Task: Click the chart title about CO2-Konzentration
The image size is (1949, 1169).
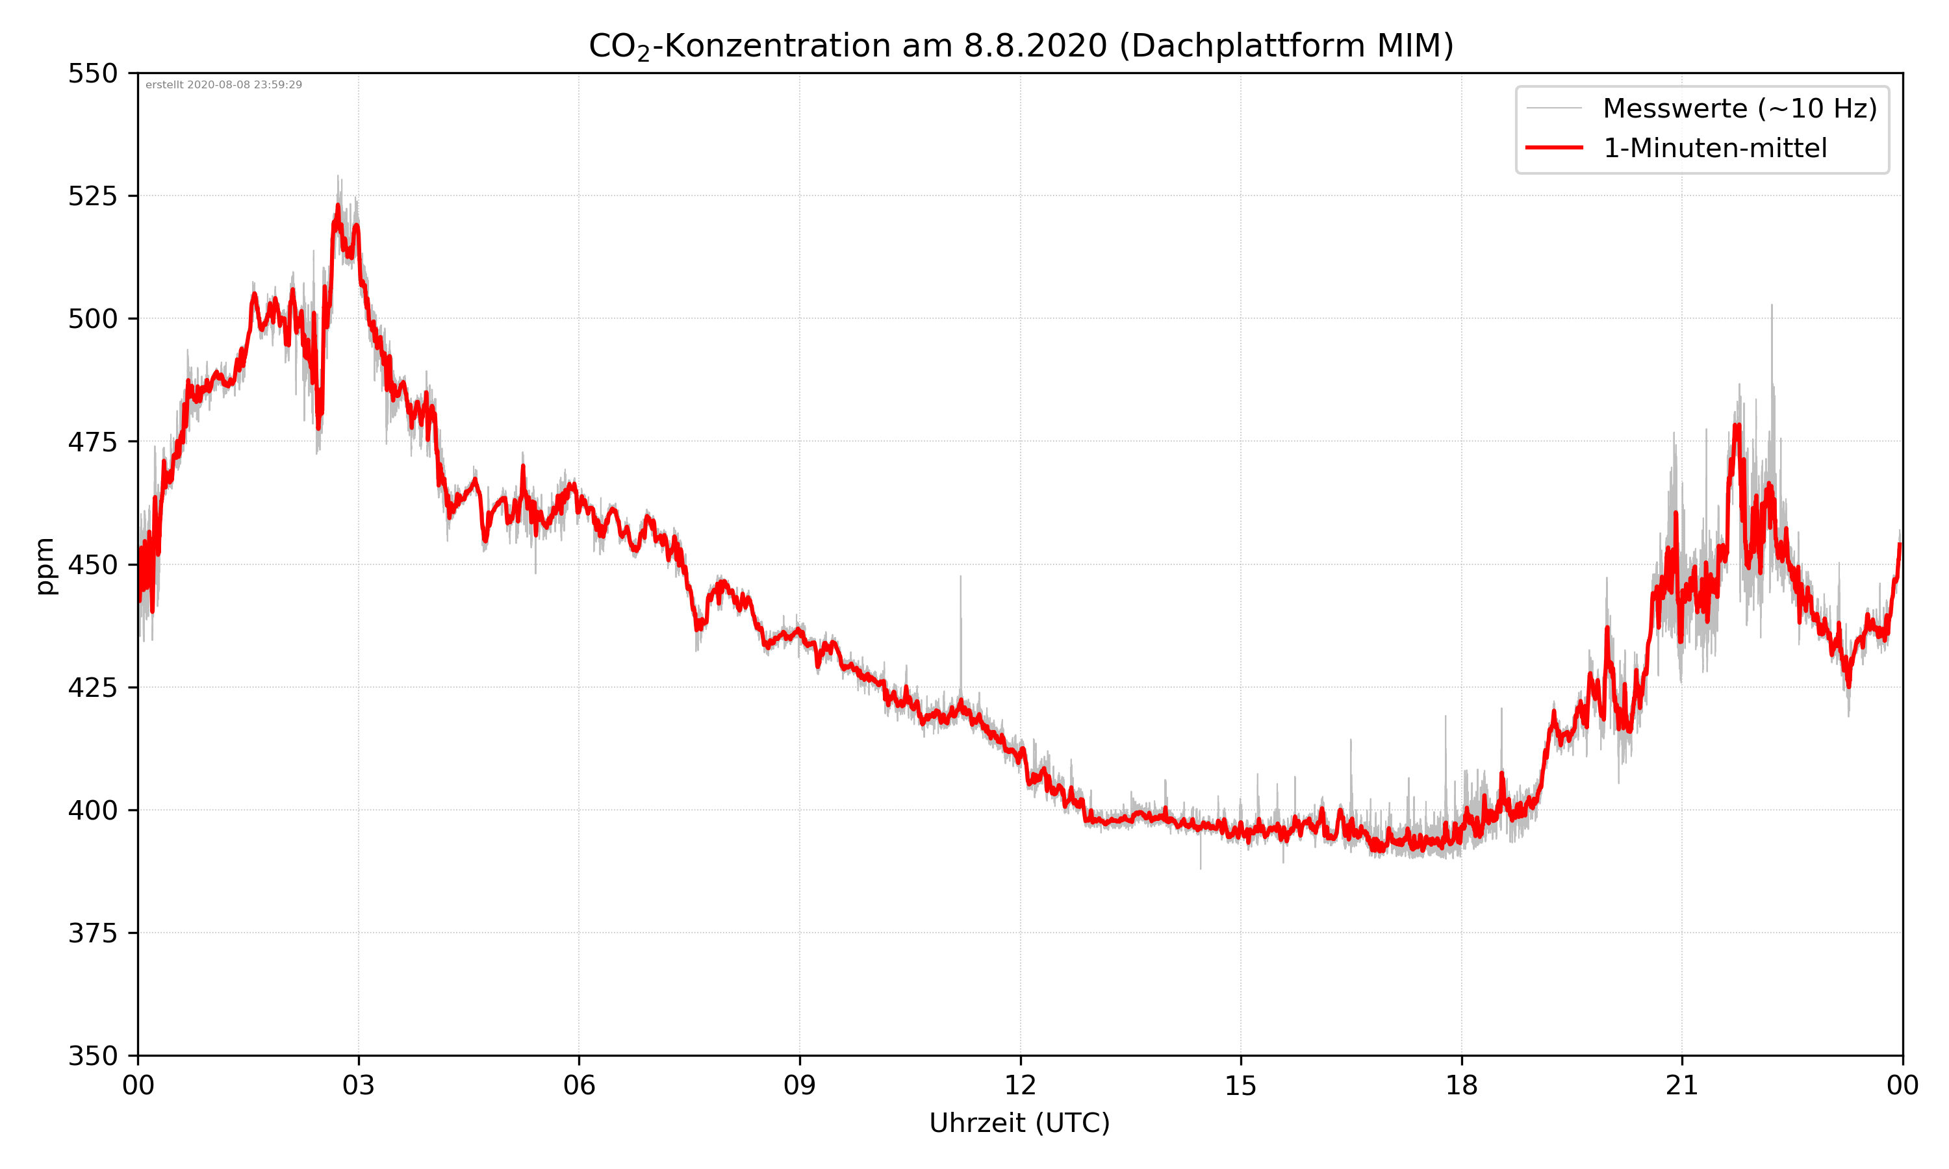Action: (x=1020, y=45)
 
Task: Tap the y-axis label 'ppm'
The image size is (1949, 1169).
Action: (x=45, y=566)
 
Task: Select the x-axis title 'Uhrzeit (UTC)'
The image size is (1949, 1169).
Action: (x=1019, y=1122)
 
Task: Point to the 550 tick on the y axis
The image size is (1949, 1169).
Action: (x=92, y=73)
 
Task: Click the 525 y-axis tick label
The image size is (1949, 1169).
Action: (x=92, y=196)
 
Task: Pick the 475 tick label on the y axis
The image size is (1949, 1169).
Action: (x=92, y=442)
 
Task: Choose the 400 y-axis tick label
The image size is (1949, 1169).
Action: (x=92, y=811)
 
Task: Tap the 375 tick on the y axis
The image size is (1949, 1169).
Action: (x=92, y=933)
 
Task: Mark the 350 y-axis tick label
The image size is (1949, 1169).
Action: (x=92, y=1057)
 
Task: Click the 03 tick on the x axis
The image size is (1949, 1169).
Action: (x=359, y=1085)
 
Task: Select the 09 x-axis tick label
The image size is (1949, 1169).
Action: (x=800, y=1085)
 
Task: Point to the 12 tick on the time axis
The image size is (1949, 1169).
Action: (x=1020, y=1085)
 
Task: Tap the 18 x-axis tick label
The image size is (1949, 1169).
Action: (x=1461, y=1085)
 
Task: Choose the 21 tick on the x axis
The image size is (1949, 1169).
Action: (x=1682, y=1085)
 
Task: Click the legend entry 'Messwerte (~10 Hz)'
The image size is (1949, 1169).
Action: (x=1739, y=108)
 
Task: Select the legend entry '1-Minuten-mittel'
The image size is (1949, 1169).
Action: (x=1714, y=148)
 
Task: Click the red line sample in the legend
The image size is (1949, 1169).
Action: (x=1553, y=147)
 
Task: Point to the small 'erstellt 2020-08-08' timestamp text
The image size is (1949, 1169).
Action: (x=223, y=85)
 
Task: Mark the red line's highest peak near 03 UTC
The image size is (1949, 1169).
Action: (x=338, y=207)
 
